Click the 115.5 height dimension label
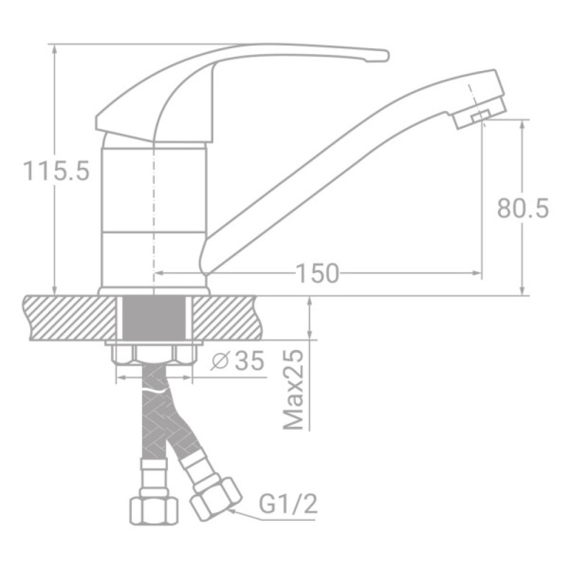[56, 171]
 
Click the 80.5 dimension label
[522, 208]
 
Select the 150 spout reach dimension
[317, 274]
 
